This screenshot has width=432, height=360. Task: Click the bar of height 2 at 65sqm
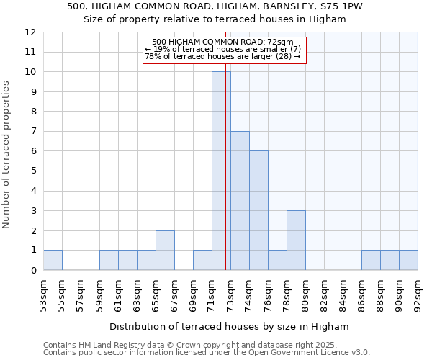click(165, 250)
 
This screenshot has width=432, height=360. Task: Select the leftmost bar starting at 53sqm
click(53, 260)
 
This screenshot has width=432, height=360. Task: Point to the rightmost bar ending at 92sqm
click(408, 260)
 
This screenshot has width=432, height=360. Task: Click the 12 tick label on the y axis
click(30, 32)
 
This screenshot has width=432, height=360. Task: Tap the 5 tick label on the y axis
click(33, 171)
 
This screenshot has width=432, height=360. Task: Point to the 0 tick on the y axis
click(33, 271)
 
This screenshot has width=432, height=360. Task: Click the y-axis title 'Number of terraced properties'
click(7, 155)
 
